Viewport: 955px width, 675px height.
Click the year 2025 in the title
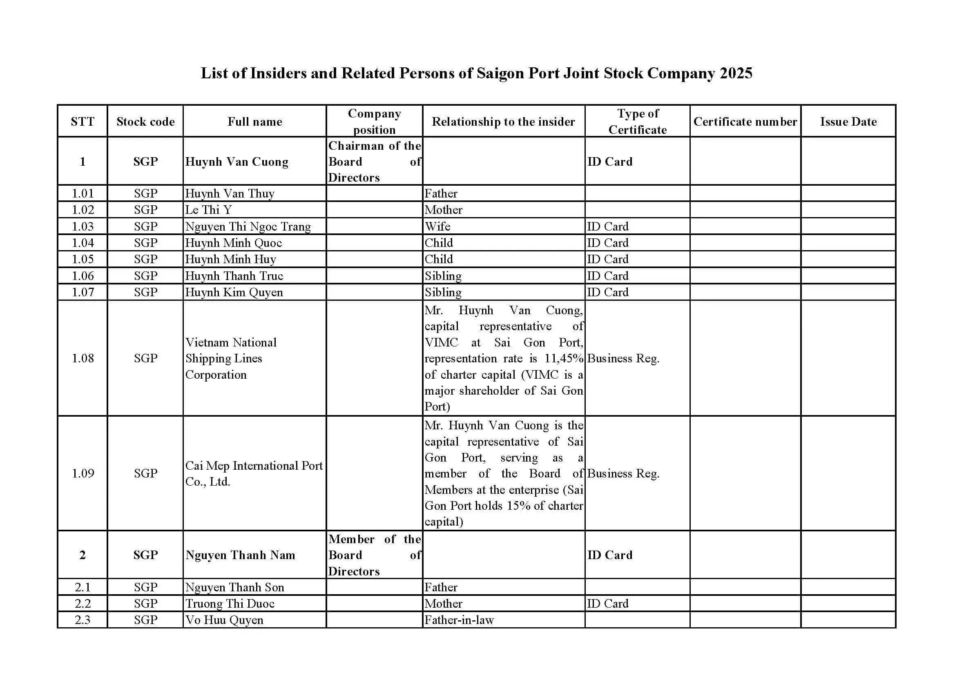tap(736, 73)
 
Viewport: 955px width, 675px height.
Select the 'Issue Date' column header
tap(848, 121)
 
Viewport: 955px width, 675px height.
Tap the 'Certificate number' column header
tap(745, 121)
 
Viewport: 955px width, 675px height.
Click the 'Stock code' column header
tap(145, 121)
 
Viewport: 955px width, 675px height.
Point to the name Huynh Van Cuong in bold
tap(237, 161)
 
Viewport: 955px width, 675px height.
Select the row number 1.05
tap(83, 259)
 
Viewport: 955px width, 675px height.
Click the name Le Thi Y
tap(208, 209)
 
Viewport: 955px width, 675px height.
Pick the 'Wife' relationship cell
tap(437, 226)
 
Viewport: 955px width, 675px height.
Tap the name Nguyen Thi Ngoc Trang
tap(248, 226)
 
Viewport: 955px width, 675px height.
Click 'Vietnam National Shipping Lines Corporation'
tap(231, 358)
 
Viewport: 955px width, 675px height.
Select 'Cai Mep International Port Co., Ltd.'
tap(254, 473)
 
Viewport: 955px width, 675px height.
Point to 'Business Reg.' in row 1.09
tap(623, 473)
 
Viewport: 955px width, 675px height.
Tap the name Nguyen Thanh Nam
tap(241, 555)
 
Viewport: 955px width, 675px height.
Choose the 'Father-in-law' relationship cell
tap(459, 620)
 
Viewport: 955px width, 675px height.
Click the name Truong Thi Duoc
tap(230, 603)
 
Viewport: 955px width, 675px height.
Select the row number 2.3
tap(83, 620)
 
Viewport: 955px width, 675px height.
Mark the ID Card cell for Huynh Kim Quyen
tap(608, 292)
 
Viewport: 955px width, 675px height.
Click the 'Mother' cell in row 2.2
tap(444, 603)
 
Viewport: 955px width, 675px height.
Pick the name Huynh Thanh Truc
tap(234, 275)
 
